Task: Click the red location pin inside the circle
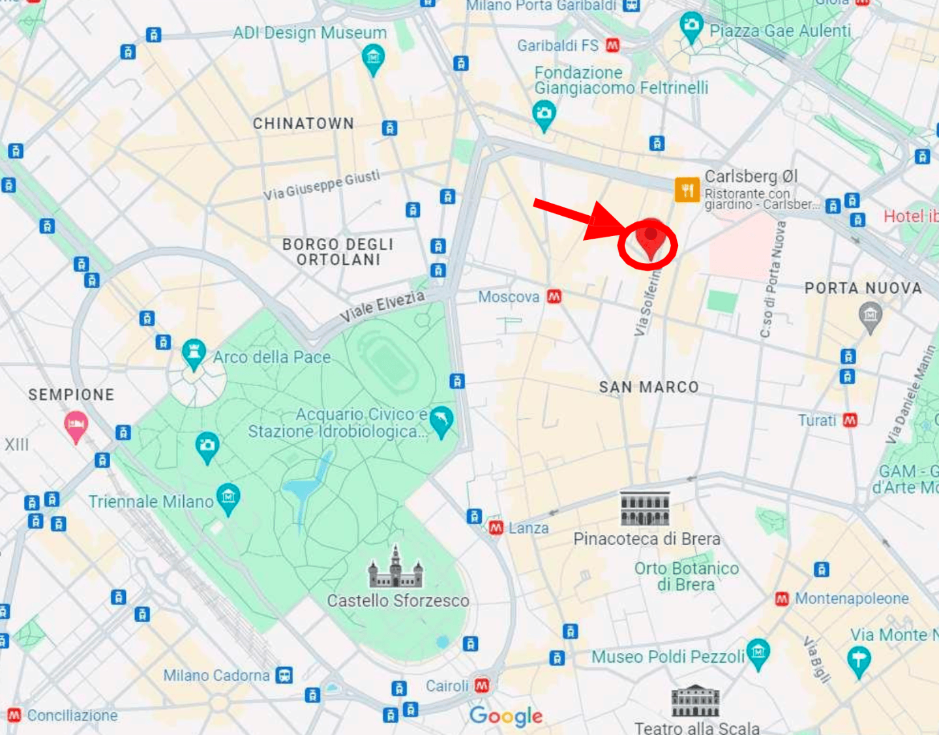pyautogui.click(x=650, y=239)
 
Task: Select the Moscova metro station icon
pyautogui.click(x=554, y=297)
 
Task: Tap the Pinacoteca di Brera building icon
pyautogui.click(x=644, y=509)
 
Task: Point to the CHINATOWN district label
pyautogui.click(x=303, y=123)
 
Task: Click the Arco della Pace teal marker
pyautogui.click(x=194, y=353)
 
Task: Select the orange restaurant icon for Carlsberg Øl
pyautogui.click(x=687, y=190)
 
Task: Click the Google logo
pyautogui.click(x=506, y=716)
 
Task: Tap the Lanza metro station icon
pyautogui.click(x=496, y=528)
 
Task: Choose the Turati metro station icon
pyautogui.click(x=850, y=421)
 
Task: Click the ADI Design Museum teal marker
pyautogui.click(x=373, y=59)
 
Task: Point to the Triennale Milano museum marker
pyautogui.click(x=228, y=498)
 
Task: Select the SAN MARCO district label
pyautogui.click(x=649, y=387)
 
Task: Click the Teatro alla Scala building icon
pyautogui.click(x=696, y=702)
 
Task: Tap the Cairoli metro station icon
pyautogui.click(x=482, y=685)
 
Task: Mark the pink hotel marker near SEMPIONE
pyautogui.click(x=76, y=425)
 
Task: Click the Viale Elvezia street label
pyautogui.click(x=382, y=307)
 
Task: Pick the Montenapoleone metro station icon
pyautogui.click(x=782, y=599)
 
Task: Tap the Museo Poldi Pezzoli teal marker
pyautogui.click(x=758, y=653)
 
